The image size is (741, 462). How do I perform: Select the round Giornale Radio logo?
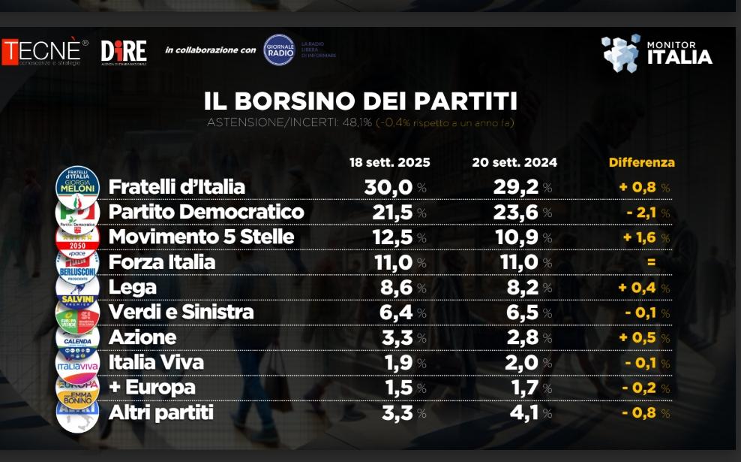(279, 50)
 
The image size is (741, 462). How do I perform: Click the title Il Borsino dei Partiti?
(361, 101)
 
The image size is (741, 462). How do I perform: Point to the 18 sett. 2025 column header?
(389, 162)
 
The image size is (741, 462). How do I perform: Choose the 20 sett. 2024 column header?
(514, 162)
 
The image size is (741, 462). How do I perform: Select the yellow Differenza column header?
(641, 162)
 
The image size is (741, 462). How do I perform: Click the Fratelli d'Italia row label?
(177, 187)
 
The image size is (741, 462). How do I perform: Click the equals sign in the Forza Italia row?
(650, 262)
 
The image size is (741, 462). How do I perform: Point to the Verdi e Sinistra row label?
(181, 312)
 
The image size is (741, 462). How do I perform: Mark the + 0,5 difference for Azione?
(640, 337)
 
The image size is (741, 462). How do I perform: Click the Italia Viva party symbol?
(78, 364)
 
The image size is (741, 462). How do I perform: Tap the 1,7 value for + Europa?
(521, 388)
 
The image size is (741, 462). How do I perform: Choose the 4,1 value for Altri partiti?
(521, 412)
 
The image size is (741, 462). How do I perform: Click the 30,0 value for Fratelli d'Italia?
(389, 187)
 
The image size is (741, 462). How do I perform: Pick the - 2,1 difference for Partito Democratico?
(642, 212)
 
